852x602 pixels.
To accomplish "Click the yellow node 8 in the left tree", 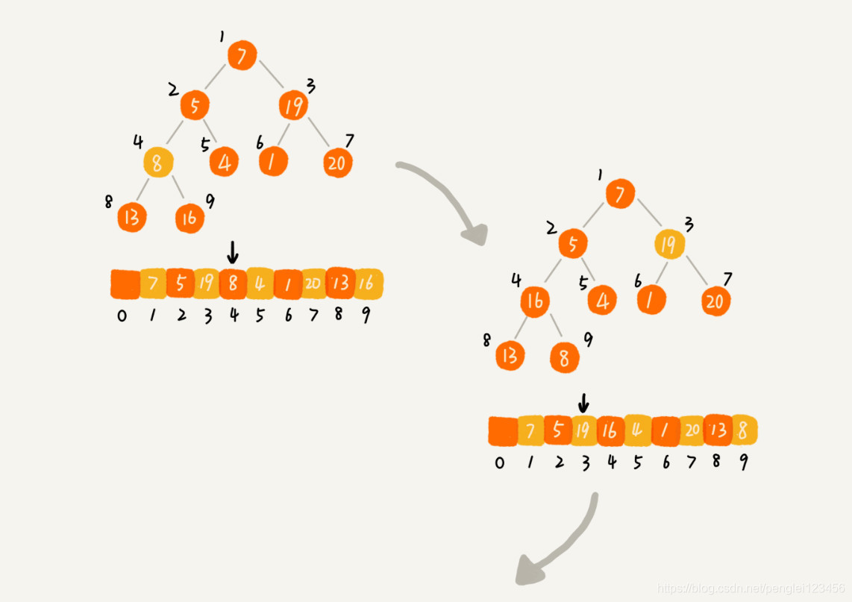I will [x=157, y=162].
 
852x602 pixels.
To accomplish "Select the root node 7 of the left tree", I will [x=242, y=55].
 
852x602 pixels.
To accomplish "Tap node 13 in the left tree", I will [x=132, y=217].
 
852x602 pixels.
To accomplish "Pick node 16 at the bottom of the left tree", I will [x=189, y=217].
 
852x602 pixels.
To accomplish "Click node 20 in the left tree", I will [x=337, y=162].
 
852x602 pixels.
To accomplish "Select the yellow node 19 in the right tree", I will [x=669, y=244].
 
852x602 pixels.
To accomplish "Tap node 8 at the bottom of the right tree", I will [x=565, y=358].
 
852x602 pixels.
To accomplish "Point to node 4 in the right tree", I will [x=602, y=301].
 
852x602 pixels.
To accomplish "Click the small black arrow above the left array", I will [x=233, y=253].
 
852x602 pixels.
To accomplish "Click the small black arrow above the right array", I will [x=583, y=403].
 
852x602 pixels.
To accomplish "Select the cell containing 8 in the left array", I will [x=233, y=283].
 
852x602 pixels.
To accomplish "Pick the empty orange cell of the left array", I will [x=125, y=283].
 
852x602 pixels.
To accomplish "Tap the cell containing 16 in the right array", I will [x=610, y=430].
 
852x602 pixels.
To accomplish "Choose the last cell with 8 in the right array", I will [x=743, y=430].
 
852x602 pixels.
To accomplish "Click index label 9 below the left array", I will [x=366, y=315].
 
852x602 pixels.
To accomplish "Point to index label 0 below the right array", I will [x=499, y=463].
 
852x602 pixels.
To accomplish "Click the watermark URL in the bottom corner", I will [x=750, y=589].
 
